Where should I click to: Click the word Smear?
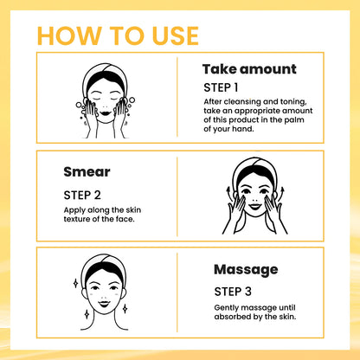pos(87,171)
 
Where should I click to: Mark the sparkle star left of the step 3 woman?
pos(76,282)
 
